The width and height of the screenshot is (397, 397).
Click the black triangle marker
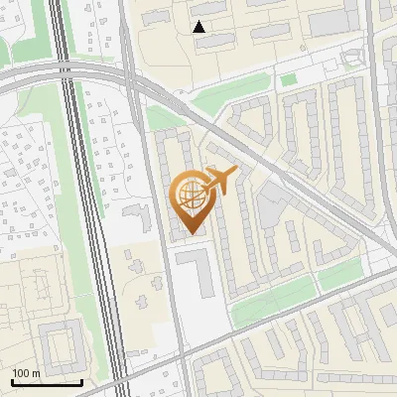pyautogui.click(x=199, y=27)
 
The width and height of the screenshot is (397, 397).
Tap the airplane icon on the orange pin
pyautogui.click(x=219, y=181)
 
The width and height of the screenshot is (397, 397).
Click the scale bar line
pyautogui.click(x=47, y=382)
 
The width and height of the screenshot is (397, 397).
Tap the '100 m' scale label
pyautogui.click(x=26, y=373)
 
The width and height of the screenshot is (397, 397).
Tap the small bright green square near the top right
pyautogui.click(x=288, y=79)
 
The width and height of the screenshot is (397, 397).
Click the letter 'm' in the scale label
pyautogui.click(x=36, y=373)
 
